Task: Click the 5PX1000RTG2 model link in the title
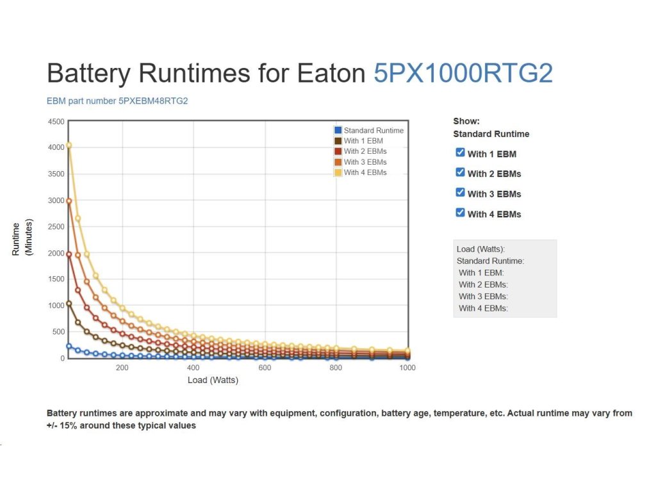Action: point(463,74)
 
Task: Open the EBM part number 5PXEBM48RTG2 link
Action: point(117,101)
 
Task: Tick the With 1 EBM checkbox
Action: point(460,152)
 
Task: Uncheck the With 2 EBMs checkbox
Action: point(460,172)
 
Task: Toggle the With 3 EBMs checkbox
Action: point(460,192)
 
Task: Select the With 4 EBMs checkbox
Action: point(460,213)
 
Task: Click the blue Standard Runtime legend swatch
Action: point(338,130)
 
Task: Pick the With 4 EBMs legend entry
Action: point(365,172)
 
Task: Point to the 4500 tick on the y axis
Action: point(56,121)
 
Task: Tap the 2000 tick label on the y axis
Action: point(56,252)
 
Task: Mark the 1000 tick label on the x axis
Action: point(407,368)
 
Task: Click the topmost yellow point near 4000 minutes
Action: point(69,145)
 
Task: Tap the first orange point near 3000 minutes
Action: point(69,201)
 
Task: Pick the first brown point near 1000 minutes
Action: point(69,304)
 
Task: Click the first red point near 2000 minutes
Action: point(69,254)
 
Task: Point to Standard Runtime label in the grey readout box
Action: point(490,261)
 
